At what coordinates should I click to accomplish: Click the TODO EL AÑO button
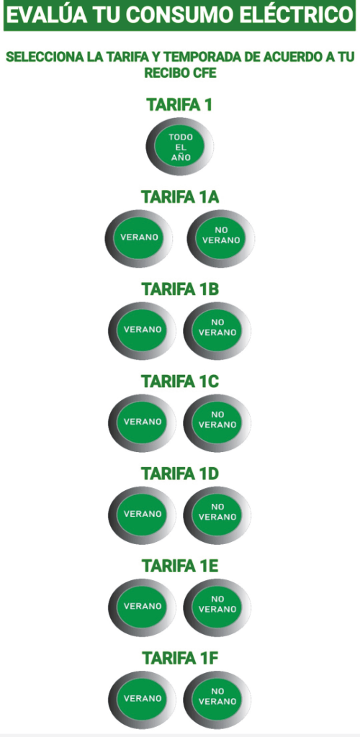[180, 147]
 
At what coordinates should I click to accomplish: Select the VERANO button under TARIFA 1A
[139, 238]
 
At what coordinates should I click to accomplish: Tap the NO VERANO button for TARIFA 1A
[221, 238]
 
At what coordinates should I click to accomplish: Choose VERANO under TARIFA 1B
[143, 330]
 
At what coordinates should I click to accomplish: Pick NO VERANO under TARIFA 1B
[217, 330]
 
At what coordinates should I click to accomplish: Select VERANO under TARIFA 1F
[143, 700]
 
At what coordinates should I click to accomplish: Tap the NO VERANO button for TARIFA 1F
[217, 700]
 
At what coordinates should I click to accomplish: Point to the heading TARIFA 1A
[180, 196]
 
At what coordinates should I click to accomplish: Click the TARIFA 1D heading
[180, 474]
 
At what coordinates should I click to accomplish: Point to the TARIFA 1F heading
[180, 658]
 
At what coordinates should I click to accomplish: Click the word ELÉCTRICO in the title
[294, 16]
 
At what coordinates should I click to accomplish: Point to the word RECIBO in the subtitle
[166, 73]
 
